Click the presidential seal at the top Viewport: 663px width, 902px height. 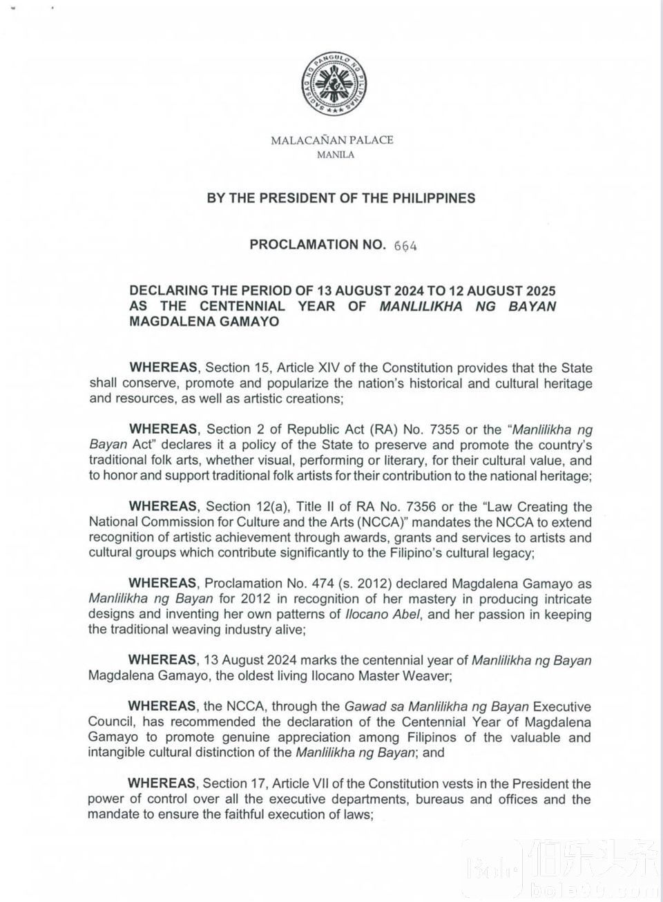tap(332, 84)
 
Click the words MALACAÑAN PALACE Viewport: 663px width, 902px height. tap(332, 140)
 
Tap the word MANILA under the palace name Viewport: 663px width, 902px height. tap(335, 155)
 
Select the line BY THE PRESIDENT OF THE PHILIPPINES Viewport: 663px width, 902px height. tap(341, 198)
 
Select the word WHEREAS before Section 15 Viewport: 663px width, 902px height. tap(164, 368)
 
